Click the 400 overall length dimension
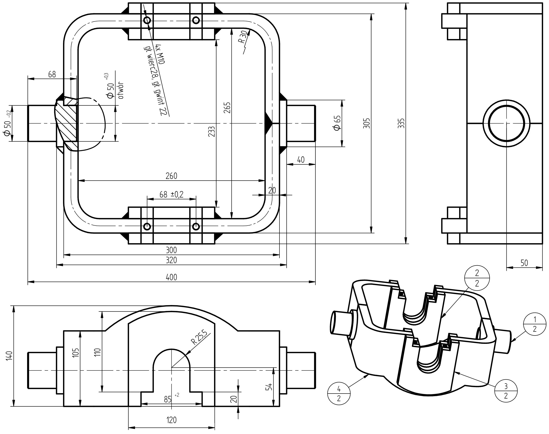[x=172, y=277]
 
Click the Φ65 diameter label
[x=337, y=123]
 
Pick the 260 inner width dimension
[x=172, y=176]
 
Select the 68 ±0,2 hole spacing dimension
[x=172, y=194]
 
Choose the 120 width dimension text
[x=172, y=420]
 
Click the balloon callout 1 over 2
[x=534, y=324]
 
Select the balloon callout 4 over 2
[x=339, y=394]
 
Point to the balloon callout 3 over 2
[x=506, y=390]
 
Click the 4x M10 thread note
[x=161, y=54]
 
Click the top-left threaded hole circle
[x=147, y=20]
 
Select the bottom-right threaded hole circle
[x=196, y=226]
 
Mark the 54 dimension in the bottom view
[x=269, y=387]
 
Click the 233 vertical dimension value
[x=212, y=132]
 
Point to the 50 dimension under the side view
[x=524, y=263]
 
